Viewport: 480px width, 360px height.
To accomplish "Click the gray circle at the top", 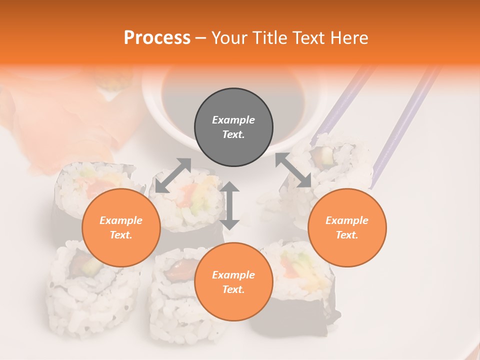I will click(x=233, y=127).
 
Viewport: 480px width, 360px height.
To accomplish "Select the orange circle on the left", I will click(x=121, y=227).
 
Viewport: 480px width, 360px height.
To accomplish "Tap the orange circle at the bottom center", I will click(x=233, y=282).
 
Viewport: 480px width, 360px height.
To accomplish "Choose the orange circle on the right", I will click(x=347, y=227).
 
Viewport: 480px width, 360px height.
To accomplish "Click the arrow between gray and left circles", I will click(x=173, y=175).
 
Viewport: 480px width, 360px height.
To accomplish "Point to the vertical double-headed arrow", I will click(x=229, y=205).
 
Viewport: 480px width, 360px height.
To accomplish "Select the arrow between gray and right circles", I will click(x=293, y=170).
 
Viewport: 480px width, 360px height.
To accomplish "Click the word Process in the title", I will click(x=157, y=37).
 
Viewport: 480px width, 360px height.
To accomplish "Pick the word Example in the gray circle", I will click(x=233, y=120).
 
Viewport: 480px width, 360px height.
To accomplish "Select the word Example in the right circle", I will click(x=347, y=220).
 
